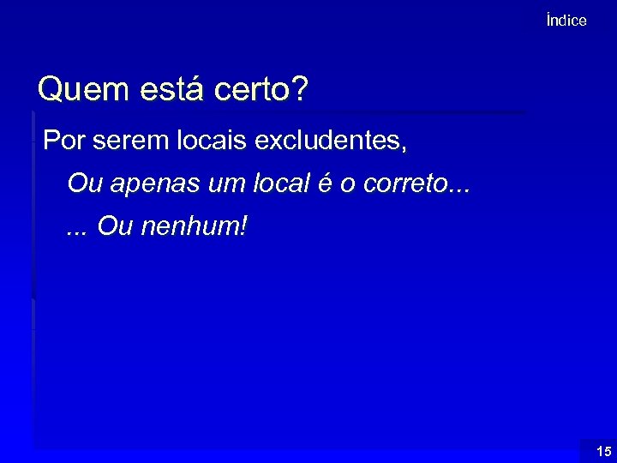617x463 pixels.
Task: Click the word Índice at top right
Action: pyautogui.click(x=566, y=21)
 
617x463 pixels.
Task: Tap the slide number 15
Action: pyautogui.click(x=603, y=451)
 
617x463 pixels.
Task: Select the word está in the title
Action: pyautogui.click(x=157, y=90)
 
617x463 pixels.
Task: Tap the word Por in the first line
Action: pyautogui.click(x=62, y=139)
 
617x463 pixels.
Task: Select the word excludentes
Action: pyautogui.click(x=329, y=139)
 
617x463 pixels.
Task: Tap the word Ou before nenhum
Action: pyautogui.click(x=112, y=227)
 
